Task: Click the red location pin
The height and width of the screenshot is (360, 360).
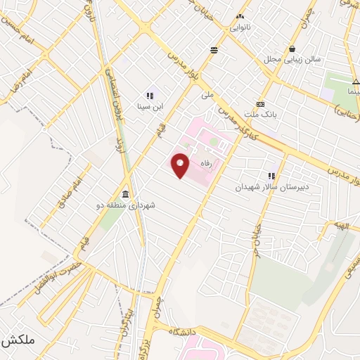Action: click(x=181, y=165)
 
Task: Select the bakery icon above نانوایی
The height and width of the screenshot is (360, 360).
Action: click(x=240, y=16)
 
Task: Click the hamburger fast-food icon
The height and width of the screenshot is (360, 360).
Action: click(x=214, y=49)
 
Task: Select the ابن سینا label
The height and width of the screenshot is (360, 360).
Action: click(x=149, y=107)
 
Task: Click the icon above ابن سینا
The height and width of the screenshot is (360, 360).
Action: click(x=149, y=96)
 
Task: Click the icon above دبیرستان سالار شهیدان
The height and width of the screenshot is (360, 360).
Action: click(x=271, y=176)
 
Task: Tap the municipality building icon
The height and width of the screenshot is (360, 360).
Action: click(x=125, y=194)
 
